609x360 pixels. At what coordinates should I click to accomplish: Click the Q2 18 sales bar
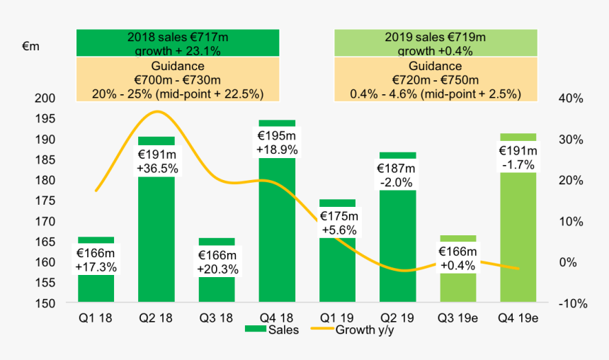[x=156, y=241]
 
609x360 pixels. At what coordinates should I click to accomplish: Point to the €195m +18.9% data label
[x=277, y=142]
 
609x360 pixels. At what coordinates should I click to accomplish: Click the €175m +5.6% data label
[x=338, y=223]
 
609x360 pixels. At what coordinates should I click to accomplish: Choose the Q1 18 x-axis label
[x=96, y=318]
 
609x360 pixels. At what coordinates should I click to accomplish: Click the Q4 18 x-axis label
[x=277, y=318]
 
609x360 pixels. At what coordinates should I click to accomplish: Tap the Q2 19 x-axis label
[x=397, y=318]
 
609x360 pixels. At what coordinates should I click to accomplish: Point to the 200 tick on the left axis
[x=43, y=99]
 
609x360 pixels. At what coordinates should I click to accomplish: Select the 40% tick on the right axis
[x=571, y=99]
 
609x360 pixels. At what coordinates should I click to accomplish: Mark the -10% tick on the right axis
[x=570, y=304]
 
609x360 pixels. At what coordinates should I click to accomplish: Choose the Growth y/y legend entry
[x=358, y=330]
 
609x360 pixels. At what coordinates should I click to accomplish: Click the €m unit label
[x=30, y=46]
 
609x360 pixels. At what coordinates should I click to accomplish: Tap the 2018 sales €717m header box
[x=178, y=43]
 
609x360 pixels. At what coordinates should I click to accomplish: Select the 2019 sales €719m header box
[x=436, y=43]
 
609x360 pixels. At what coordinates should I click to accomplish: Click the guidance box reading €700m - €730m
[x=178, y=79]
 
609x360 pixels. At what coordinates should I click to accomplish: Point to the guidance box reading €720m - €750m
[x=436, y=79]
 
